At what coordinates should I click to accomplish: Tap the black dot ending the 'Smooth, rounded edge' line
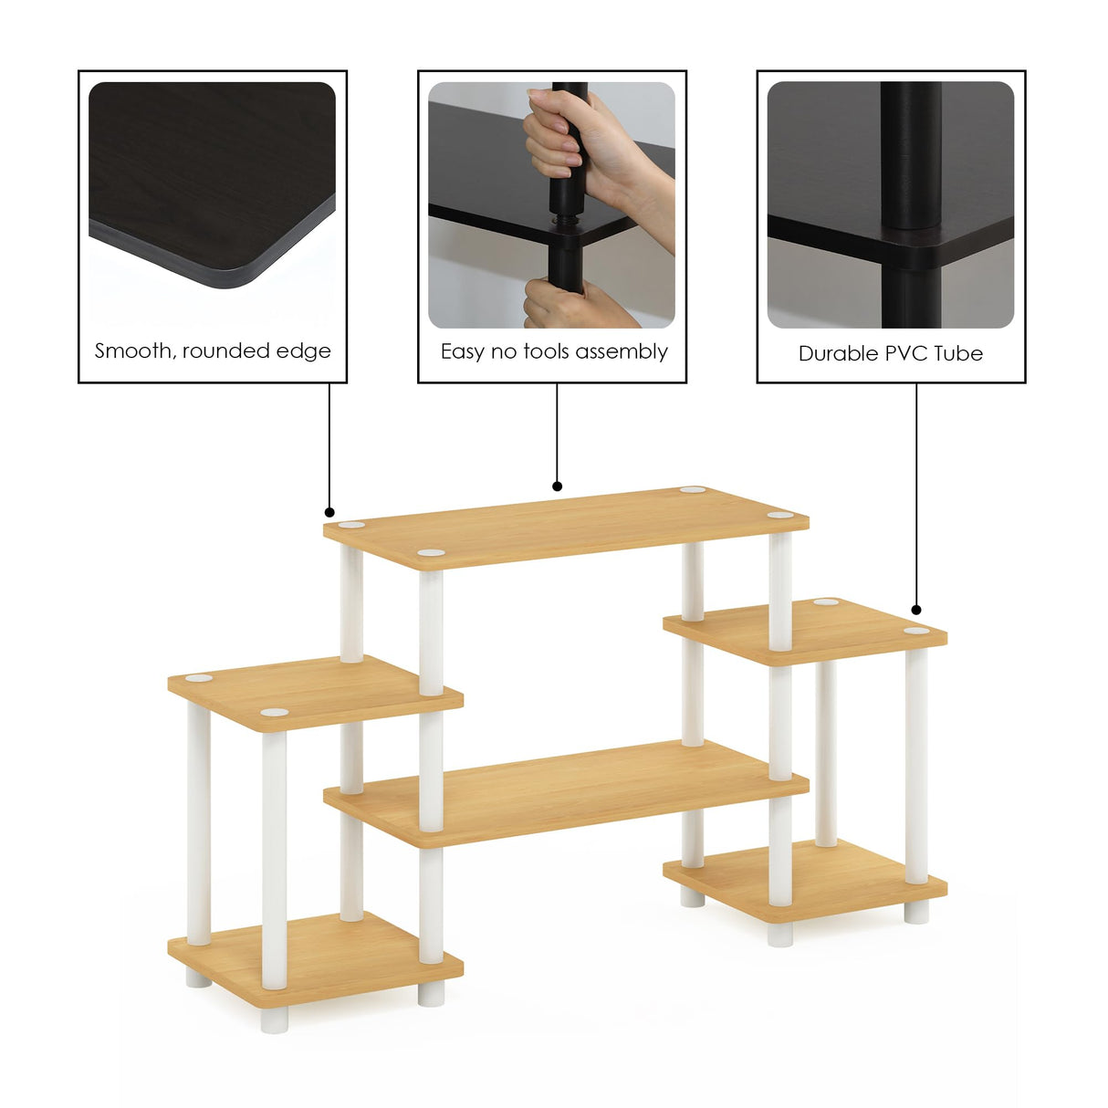[x=330, y=513]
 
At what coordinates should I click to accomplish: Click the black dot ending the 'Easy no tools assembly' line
[x=557, y=486]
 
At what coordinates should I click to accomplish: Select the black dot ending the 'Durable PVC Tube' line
[x=916, y=610]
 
